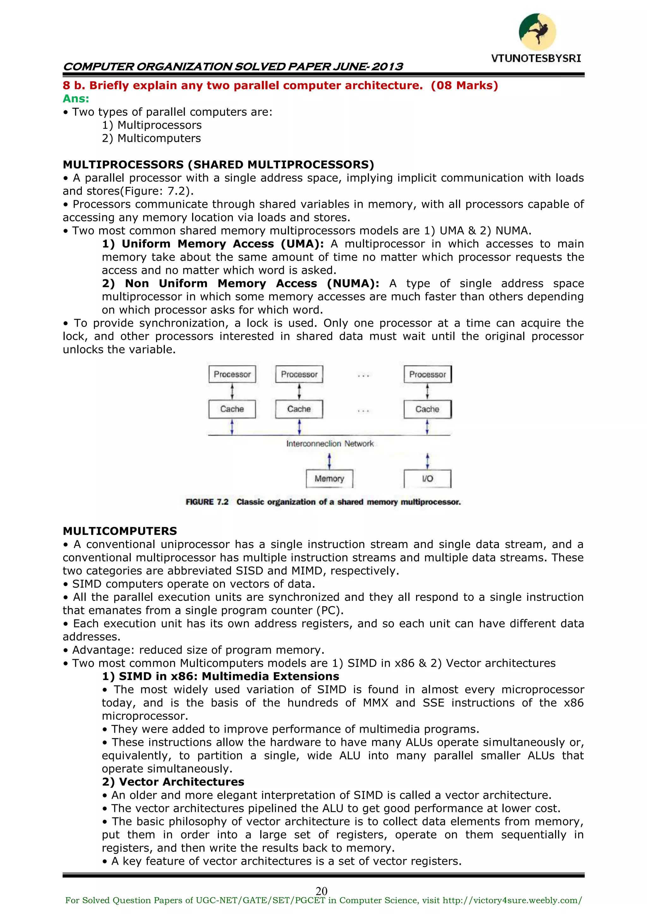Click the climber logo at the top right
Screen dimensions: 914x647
pos(537,32)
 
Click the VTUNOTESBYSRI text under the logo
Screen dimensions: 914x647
pos(536,58)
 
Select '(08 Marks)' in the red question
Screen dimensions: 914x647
pos(464,86)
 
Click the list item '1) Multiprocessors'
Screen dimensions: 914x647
pos(151,125)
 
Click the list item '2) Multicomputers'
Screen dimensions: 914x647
pos(151,138)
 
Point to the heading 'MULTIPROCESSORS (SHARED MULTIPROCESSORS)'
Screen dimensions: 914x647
pos(218,164)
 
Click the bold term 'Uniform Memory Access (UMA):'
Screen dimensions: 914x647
pos(213,244)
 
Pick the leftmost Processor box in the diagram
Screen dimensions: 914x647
pos(232,374)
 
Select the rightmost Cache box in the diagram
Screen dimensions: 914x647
pos(427,409)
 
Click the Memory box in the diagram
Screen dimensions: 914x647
pos(329,479)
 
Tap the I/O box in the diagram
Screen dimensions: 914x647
pos(427,479)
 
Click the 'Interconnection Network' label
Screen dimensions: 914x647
pos(330,444)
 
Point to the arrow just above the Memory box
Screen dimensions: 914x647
pos(329,461)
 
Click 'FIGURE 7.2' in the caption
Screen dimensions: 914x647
pos(207,502)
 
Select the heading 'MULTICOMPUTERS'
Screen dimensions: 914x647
pos(119,531)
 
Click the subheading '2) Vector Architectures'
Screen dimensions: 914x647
pos(173,781)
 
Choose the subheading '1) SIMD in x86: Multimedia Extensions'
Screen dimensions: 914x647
pos(220,676)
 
